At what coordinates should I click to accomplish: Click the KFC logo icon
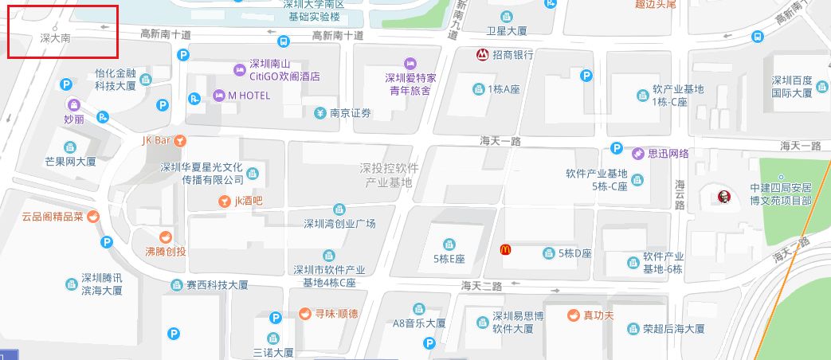click(x=723, y=195)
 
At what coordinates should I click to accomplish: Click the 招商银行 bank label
click(x=512, y=55)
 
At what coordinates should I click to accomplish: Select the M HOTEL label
click(x=249, y=96)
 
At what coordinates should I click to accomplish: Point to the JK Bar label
click(x=157, y=140)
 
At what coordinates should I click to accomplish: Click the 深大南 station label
click(x=55, y=37)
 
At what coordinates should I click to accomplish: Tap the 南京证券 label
click(x=351, y=112)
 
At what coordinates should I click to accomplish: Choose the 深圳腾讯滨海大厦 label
click(x=102, y=284)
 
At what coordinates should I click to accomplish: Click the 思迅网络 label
click(x=668, y=153)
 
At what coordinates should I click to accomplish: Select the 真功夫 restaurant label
click(x=598, y=315)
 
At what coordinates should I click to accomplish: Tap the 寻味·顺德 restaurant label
click(x=335, y=314)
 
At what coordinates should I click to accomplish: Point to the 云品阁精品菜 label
click(x=53, y=216)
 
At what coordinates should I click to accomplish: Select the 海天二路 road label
click(x=482, y=285)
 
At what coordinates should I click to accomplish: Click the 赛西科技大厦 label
click(x=217, y=284)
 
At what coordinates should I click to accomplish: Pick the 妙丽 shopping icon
click(x=73, y=104)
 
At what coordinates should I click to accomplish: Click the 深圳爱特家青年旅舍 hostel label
click(x=410, y=84)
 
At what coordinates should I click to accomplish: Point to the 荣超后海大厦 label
click(x=673, y=328)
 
